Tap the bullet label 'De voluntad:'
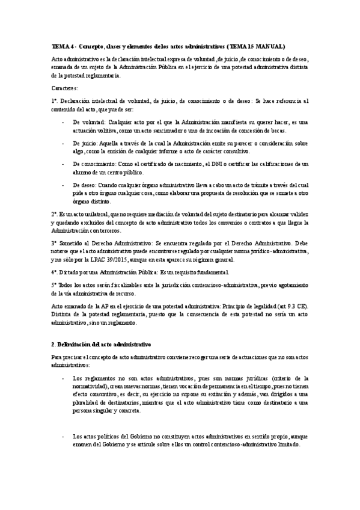tap(88, 121)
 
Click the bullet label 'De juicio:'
tap(85, 143)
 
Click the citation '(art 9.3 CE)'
tap(294, 306)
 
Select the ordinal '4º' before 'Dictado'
tap(55, 272)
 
